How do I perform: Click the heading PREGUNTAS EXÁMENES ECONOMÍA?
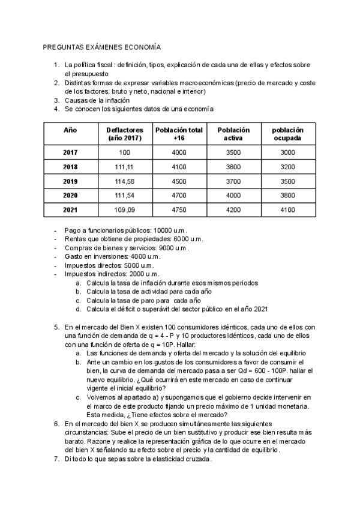[x=101, y=46]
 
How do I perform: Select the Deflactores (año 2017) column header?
[x=124, y=134]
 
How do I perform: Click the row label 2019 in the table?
[x=70, y=181]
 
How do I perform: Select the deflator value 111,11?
[x=124, y=167]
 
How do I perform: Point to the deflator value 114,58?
[x=124, y=181]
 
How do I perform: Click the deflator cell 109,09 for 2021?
[x=124, y=210]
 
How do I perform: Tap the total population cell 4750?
[x=179, y=210]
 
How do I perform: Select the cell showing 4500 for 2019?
[x=179, y=181]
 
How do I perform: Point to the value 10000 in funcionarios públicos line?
[x=163, y=230]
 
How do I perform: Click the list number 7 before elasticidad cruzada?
[x=56, y=459]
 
